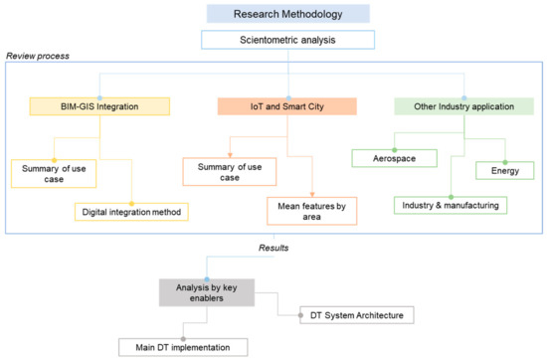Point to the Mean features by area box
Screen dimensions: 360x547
click(309, 211)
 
